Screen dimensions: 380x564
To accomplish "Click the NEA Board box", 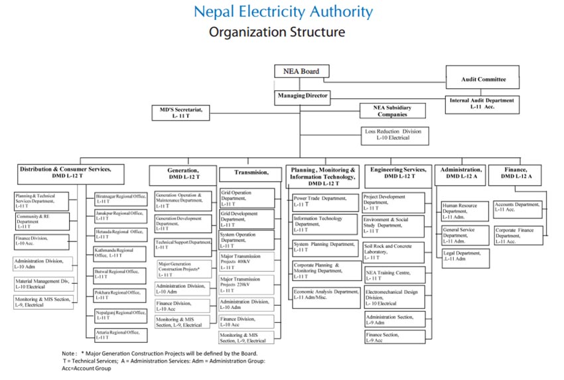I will pyautogui.click(x=302, y=72).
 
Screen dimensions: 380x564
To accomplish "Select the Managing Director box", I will pyautogui.click(x=302, y=96).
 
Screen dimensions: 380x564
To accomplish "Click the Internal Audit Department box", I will pyautogui.click(x=482, y=103).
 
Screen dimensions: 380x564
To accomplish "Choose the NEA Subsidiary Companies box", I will pyautogui.click(x=391, y=111).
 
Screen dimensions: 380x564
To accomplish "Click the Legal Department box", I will pyautogui.click(x=465, y=255).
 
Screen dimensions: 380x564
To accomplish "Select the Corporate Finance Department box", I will pyautogui.click(x=517, y=235).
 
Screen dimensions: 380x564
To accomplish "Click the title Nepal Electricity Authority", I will pyautogui.click(x=283, y=12).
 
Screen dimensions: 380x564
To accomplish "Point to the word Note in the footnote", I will pyautogui.click(x=69, y=353).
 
